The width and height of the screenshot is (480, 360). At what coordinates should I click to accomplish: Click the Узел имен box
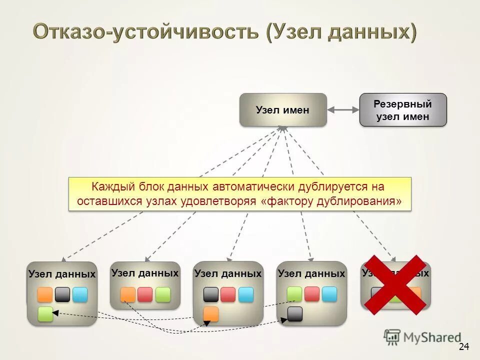pyautogui.click(x=283, y=109)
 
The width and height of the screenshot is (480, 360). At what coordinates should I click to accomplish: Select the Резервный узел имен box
pyautogui.click(x=402, y=109)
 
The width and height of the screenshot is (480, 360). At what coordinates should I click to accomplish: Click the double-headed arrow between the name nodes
pyautogui.click(x=343, y=109)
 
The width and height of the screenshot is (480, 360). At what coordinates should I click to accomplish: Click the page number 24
pyautogui.click(x=463, y=346)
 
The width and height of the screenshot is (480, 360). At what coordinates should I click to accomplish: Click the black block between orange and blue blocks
pyautogui.click(x=62, y=294)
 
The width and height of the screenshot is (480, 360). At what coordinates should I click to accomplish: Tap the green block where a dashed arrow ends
pyautogui.click(x=45, y=314)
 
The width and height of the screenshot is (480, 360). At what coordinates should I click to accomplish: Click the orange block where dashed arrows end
pyautogui.click(x=211, y=314)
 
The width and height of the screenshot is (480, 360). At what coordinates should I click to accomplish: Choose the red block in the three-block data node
pyautogui.click(x=145, y=294)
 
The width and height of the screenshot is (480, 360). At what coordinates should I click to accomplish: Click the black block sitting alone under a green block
pyautogui.click(x=295, y=314)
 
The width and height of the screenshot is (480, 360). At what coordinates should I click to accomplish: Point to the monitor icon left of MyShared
pyautogui.click(x=392, y=337)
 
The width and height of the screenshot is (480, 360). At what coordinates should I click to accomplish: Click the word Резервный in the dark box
pyautogui.click(x=402, y=104)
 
